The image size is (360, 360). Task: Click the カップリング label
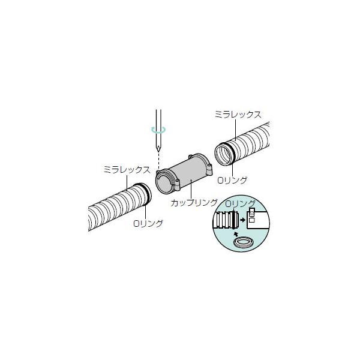[194, 203]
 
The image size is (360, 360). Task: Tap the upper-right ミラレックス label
[238, 115]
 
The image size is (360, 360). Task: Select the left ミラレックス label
[127, 170]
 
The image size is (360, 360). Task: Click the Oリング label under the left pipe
[148, 223]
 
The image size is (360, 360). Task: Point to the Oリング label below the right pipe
[232, 180]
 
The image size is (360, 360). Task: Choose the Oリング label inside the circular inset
[241, 203]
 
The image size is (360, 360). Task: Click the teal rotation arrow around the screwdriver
[158, 130]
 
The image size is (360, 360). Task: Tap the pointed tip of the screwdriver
[158, 151]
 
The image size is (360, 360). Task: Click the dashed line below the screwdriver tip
[158, 161]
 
